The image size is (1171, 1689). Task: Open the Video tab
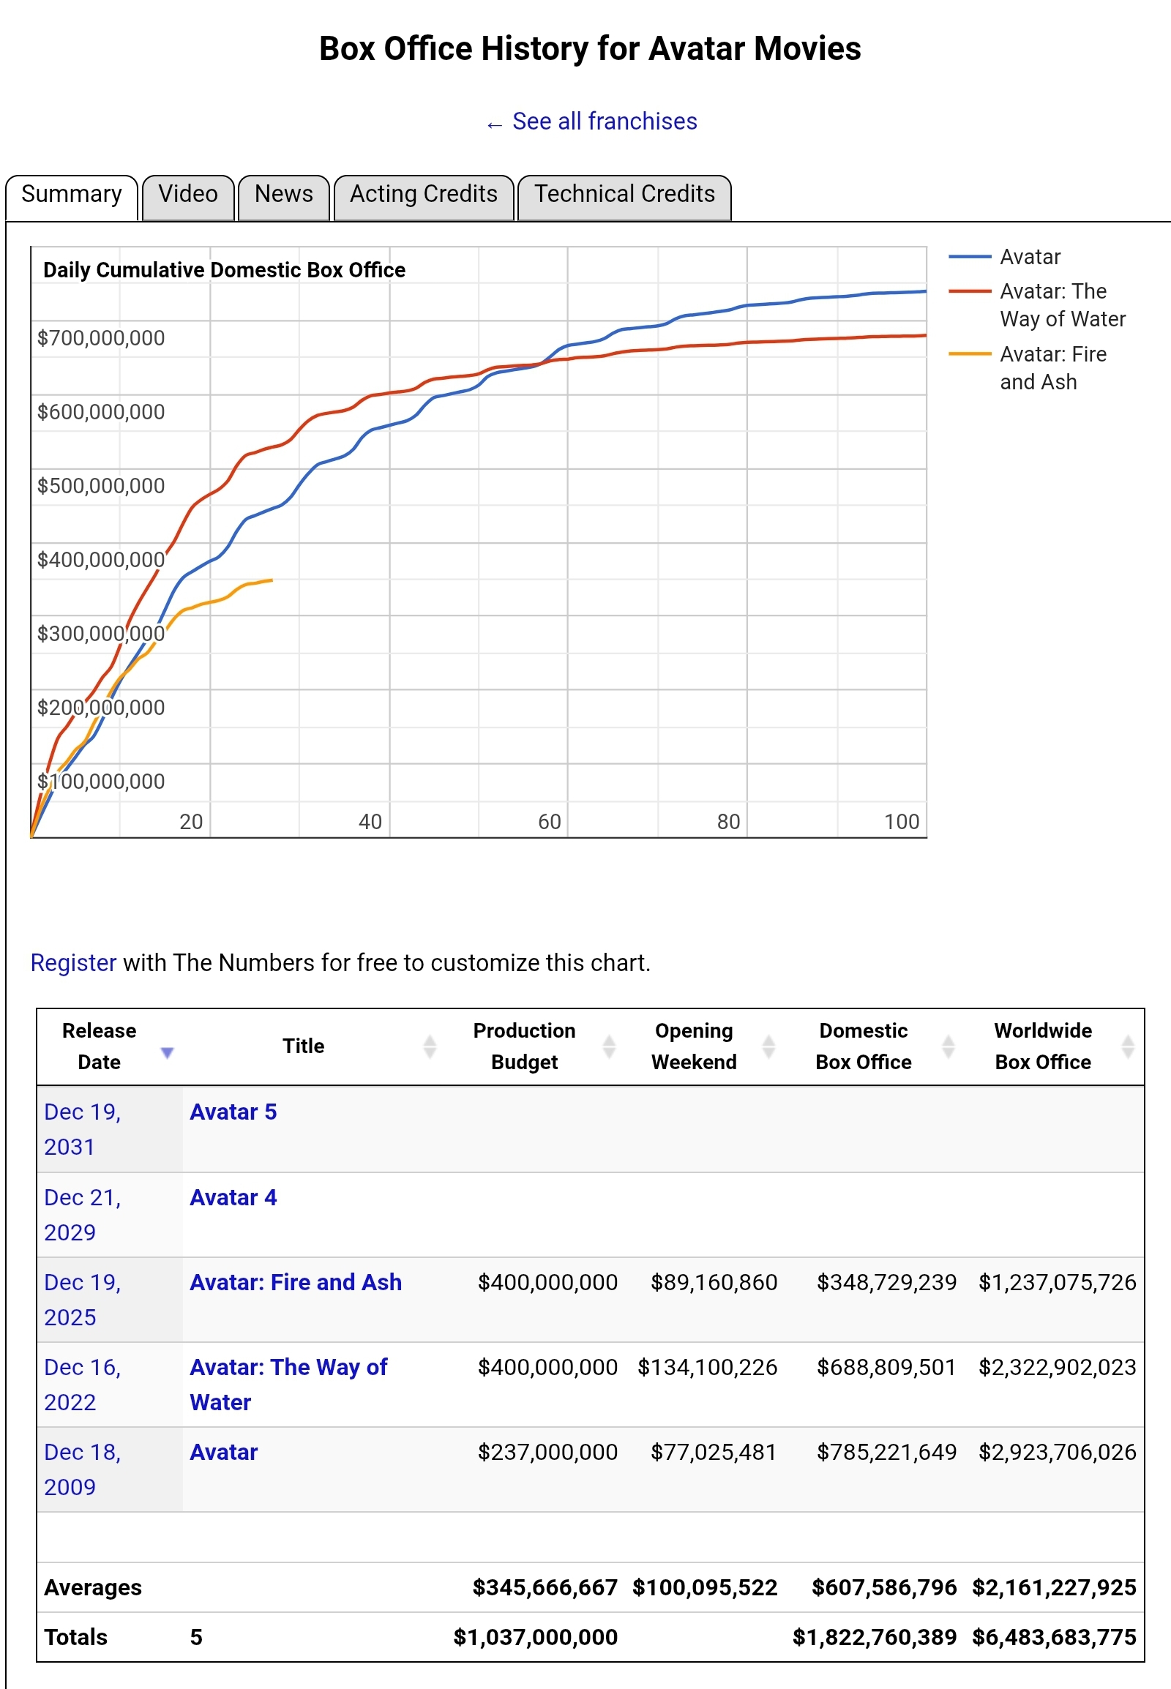coord(188,195)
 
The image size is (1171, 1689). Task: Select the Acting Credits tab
coord(423,195)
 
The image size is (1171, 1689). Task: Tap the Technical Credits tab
coord(624,195)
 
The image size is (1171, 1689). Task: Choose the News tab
coord(283,195)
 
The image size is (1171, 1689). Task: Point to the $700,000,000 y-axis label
coord(101,338)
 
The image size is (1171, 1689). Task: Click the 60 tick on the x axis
coord(549,822)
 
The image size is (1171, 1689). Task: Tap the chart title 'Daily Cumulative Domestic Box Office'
coord(224,270)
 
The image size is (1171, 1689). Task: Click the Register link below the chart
coord(73,962)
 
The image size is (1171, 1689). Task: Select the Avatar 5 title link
coord(233,1112)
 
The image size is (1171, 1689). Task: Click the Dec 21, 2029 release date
coord(81,1214)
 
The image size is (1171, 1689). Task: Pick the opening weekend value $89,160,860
coord(713,1283)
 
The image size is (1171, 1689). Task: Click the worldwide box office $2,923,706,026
coord(1057,1452)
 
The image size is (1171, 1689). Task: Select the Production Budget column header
coord(524,1046)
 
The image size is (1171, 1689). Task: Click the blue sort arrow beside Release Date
coord(168,1053)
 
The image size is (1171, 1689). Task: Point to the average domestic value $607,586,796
coord(883,1588)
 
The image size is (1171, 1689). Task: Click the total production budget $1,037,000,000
coord(535,1638)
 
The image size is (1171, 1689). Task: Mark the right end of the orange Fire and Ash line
coord(272,580)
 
